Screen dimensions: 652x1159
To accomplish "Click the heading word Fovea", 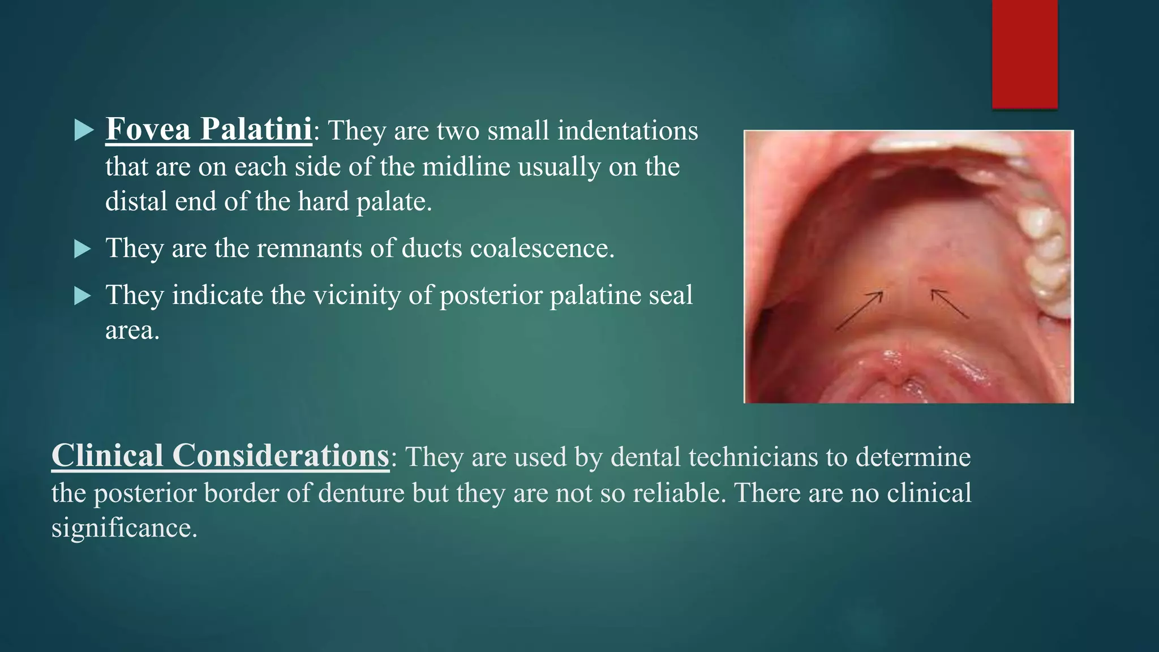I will click(x=148, y=129).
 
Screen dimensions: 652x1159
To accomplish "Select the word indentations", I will click(x=628, y=131).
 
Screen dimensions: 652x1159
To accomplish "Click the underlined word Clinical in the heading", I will click(x=108, y=456).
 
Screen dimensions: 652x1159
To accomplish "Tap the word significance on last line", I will click(x=124, y=529).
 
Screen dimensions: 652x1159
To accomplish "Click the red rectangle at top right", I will click(x=1024, y=54).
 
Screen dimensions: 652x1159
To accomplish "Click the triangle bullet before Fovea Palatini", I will click(x=84, y=131).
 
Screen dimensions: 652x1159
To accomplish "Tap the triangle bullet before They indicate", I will click(x=83, y=295).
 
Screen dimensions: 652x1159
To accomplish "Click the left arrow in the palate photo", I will click(x=858, y=311).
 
